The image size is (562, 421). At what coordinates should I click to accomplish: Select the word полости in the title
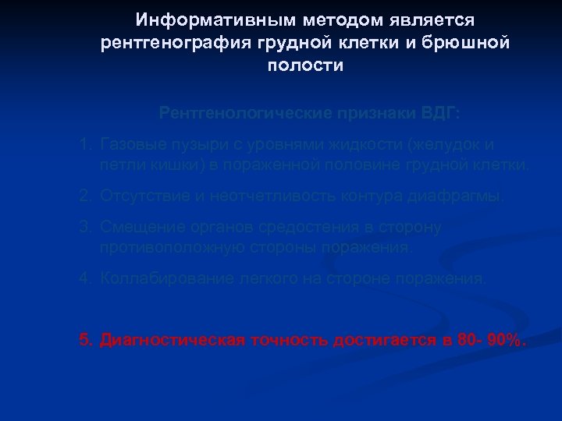(305, 66)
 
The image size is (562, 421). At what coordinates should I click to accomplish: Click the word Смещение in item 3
(137, 228)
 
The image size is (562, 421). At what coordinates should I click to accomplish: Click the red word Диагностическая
(173, 340)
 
